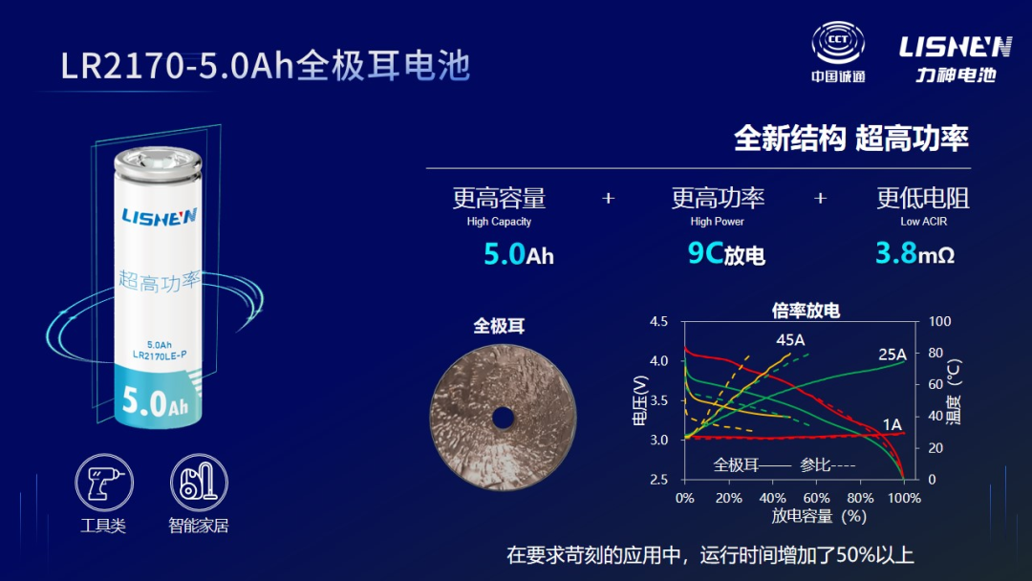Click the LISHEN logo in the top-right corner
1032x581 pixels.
click(x=955, y=58)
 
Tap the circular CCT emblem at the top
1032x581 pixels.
click(x=838, y=43)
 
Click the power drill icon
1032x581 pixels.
click(x=104, y=483)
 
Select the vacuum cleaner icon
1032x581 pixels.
click(x=199, y=483)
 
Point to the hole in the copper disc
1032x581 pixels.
click(x=503, y=418)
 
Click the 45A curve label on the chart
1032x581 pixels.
click(x=790, y=340)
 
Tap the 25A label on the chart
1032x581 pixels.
click(x=892, y=355)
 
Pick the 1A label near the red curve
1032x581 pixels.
click(x=892, y=424)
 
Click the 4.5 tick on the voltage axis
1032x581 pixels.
click(x=658, y=322)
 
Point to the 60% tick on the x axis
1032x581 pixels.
click(x=816, y=498)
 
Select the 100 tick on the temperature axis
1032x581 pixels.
click(x=940, y=321)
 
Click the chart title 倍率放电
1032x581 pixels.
click(x=806, y=311)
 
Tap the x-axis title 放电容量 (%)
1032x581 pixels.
click(x=819, y=516)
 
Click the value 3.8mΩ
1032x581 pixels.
click(x=914, y=253)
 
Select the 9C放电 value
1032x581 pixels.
click(x=726, y=253)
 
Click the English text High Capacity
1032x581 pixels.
click(x=499, y=222)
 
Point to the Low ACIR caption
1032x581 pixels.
click(x=923, y=222)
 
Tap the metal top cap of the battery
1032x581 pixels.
click(x=158, y=161)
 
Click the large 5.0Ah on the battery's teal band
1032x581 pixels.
click(x=156, y=401)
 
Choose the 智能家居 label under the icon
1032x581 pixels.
click(x=198, y=526)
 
